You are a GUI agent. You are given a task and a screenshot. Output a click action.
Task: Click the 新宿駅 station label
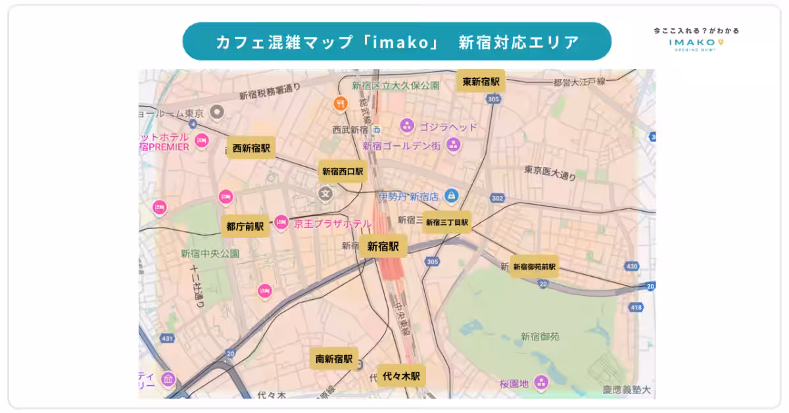(x=383, y=247)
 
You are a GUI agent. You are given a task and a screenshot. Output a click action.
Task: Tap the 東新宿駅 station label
(x=481, y=82)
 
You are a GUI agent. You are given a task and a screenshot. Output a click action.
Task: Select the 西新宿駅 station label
(x=251, y=149)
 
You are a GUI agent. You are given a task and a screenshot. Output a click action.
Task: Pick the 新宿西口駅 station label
(x=343, y=172)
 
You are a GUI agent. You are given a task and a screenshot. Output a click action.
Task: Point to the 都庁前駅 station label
(x=245, y=227)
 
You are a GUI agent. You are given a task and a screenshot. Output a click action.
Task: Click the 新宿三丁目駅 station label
(x=447, y=222)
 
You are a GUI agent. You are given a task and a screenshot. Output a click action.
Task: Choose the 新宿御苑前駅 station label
(x=535, y=266)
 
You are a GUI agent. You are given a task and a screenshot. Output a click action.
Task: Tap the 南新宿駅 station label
(x=334, y=359)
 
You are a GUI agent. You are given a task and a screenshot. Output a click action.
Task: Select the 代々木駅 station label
(x=401, y=376)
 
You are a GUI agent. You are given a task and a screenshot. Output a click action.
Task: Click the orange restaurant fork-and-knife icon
(x=340, y=103)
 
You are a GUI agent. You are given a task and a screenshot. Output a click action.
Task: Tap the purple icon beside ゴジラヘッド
(x=407, y=125)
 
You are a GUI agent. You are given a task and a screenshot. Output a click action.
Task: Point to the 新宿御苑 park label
(x=540, y=336)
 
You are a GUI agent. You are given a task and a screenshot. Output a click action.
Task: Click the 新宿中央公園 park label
(x=210, y=253)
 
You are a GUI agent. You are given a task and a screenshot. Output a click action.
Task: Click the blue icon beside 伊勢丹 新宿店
(x=451, y=195)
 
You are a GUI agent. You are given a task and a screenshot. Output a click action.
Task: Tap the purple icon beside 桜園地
(x=541, y=381)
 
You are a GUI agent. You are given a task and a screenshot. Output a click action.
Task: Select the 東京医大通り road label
(x=550, y=173)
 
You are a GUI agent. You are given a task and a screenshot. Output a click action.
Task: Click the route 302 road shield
(x=498, y=198)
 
